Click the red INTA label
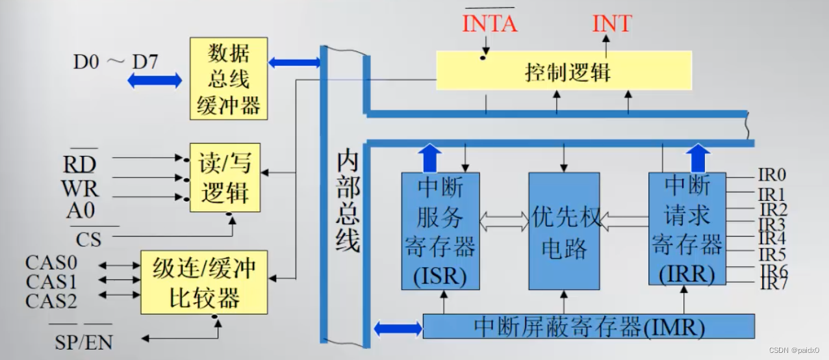(489, 24)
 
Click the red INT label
(611, 24)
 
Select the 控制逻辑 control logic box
(563, 71)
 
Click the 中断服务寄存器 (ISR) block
(440, 231)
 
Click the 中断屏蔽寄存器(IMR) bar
(588, 326)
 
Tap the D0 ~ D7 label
(114, 62)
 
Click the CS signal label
(88, 239)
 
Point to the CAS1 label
(51, 282)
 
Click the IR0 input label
(772, 175)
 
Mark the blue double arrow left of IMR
(398, 328)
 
